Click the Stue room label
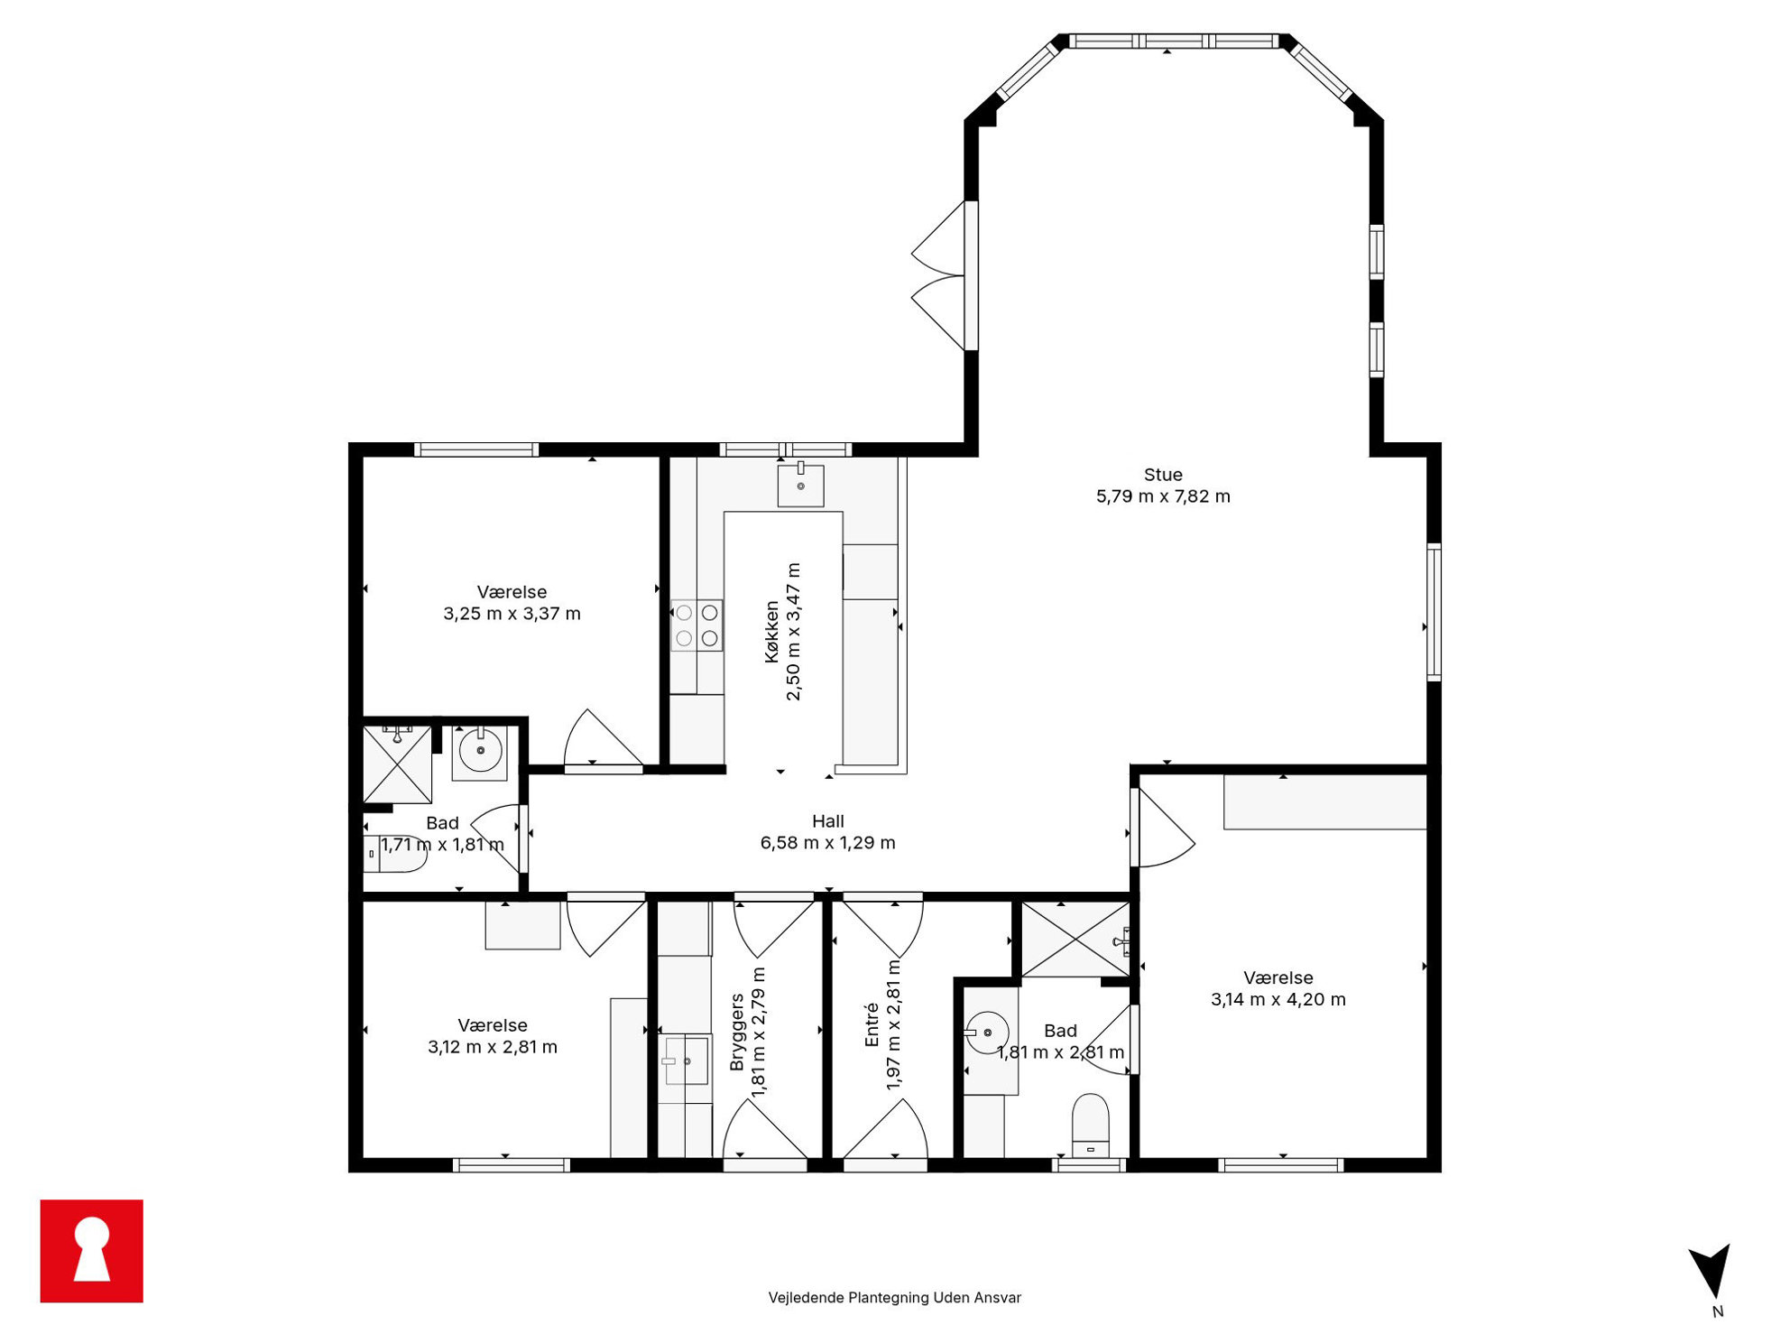pyautogui.click(x=1163, y=475)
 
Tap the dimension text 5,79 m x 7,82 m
pyautogui.click(x=1163, y=496)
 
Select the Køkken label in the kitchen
pyautogui.click(x=771, y=632)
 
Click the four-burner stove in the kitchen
pyautogui.click(x=697, y=625)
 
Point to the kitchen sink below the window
pyautogui.click(x=800, y=486)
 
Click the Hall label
pyautogui.click(x=828, y=821)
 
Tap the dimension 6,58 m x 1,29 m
pyautogui.click(x=828, y=843)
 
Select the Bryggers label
pyautogui.click(x=737, y=1032)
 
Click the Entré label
pyautogui.click(x=872, y=1025)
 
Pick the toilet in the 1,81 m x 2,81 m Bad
pyautogui.click(x=1090, y=1125)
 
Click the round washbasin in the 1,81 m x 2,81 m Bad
pyautogui.click(x=987, y=1033)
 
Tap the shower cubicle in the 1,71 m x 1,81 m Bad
pyautogui.click(x=397, y=764)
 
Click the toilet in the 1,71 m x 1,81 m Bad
pyautogui.click(x=394, y=854)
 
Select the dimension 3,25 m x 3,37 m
pyautogui.click(x=512, y=614)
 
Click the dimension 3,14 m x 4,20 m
pyautogui.click(x=1278, y=1000)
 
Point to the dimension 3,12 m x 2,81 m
pyautogui.click(x=493, y=1048)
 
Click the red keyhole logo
pyautogui.click(x=92, y=1251)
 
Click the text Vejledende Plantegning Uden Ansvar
pyautogui.click(x=895, y=1298)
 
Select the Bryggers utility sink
pyautogui.click(x=686, y=1061)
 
